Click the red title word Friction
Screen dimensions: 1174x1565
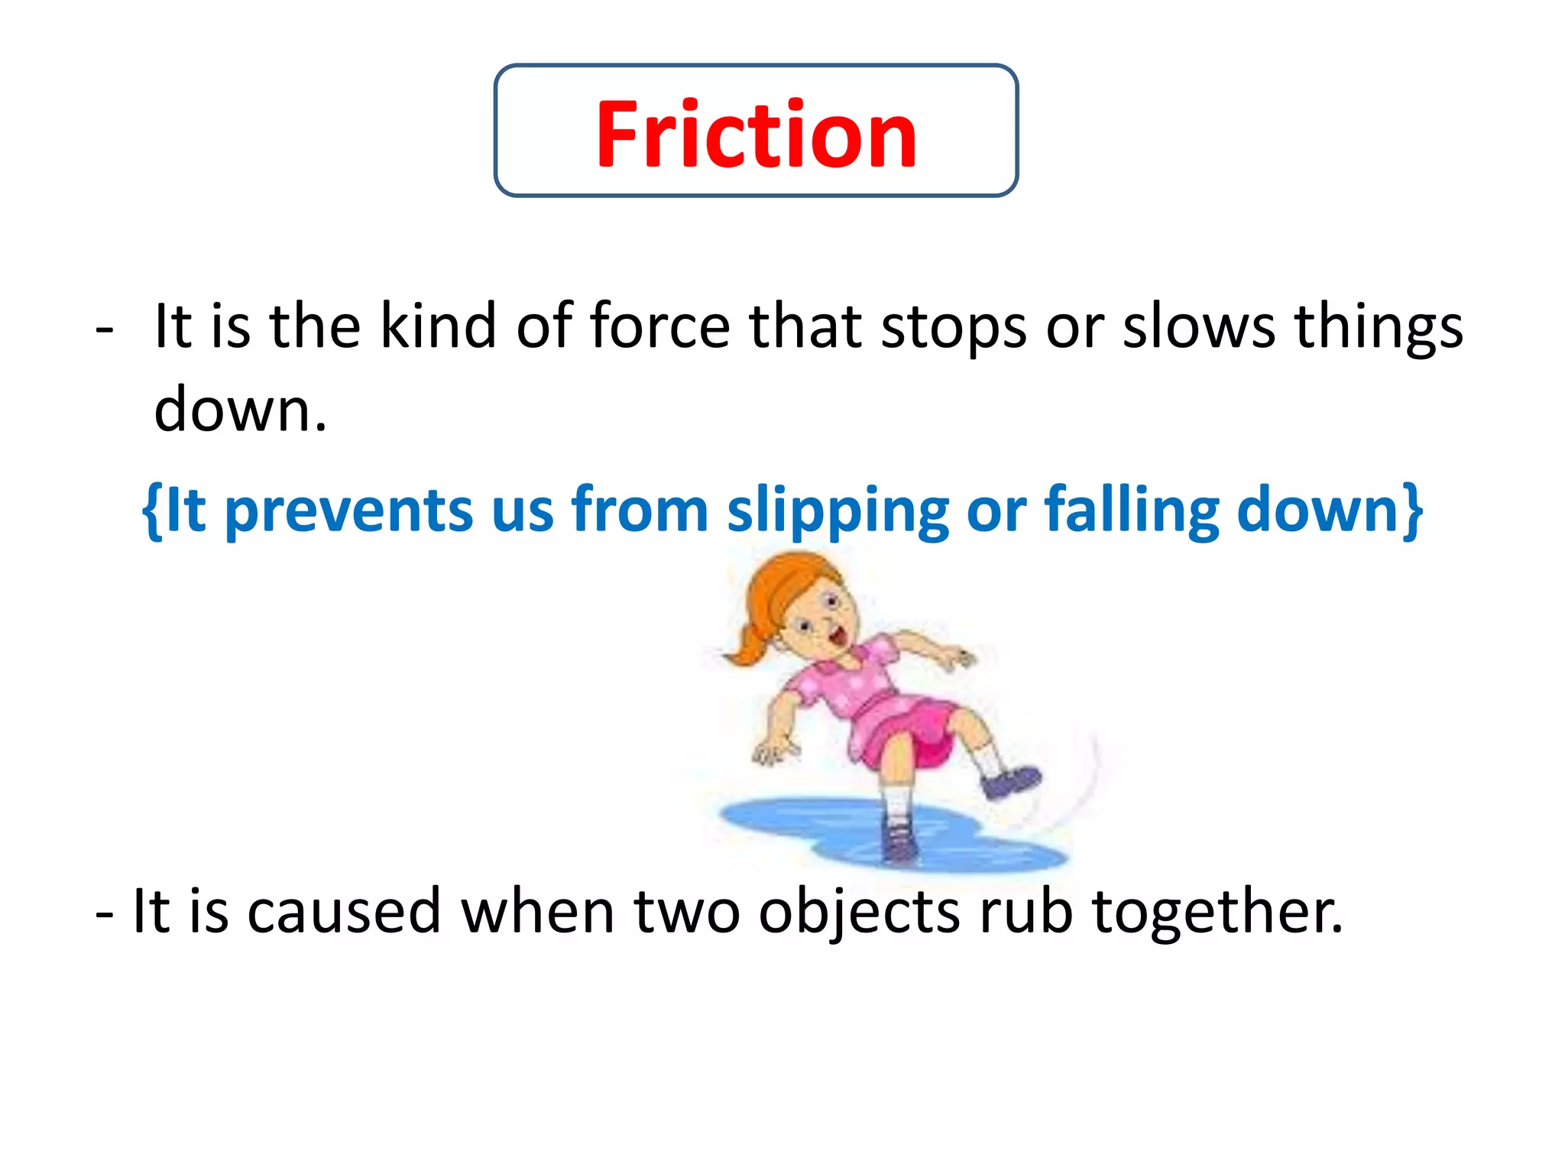click(x=756, y=135)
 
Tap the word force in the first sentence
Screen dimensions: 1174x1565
click(x=659, y=326)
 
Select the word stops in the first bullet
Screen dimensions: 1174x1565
click(x=953, y=328)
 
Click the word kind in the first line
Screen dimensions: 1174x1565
click(x=438, y=326)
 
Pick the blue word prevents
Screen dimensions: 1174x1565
click(x=348, y=511)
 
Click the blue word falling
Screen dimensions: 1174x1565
click(x=1132, y=511)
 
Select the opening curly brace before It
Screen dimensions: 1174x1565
click(x=151, y=511)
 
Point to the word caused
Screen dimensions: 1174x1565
click(x=344, y=911)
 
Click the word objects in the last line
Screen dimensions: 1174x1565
click(x=859, y=913)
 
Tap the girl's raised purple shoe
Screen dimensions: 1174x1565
click(x=1010, y=782)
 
